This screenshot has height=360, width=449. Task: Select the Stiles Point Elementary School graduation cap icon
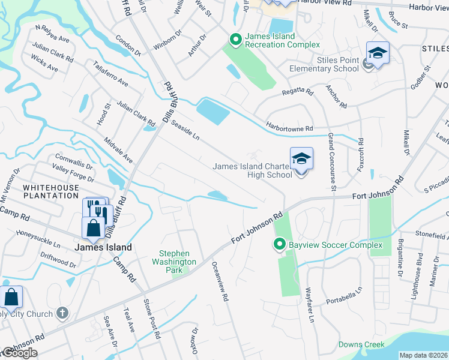(x=378, y=53)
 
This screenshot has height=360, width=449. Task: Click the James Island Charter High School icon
(x=301, y=159)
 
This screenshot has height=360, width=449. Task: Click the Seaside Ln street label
(x=185, y=128)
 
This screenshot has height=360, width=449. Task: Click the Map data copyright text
(x=424, y=355)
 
